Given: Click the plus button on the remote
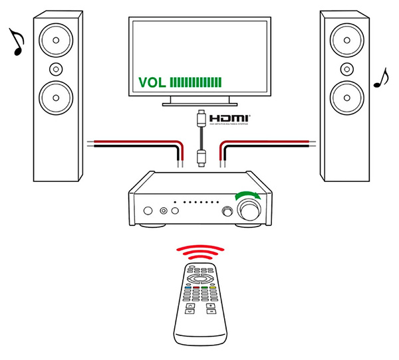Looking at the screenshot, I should (x=211, y=305).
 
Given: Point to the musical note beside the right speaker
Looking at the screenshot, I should (x=380, y=78).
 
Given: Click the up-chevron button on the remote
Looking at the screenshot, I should (x=190, y=306).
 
